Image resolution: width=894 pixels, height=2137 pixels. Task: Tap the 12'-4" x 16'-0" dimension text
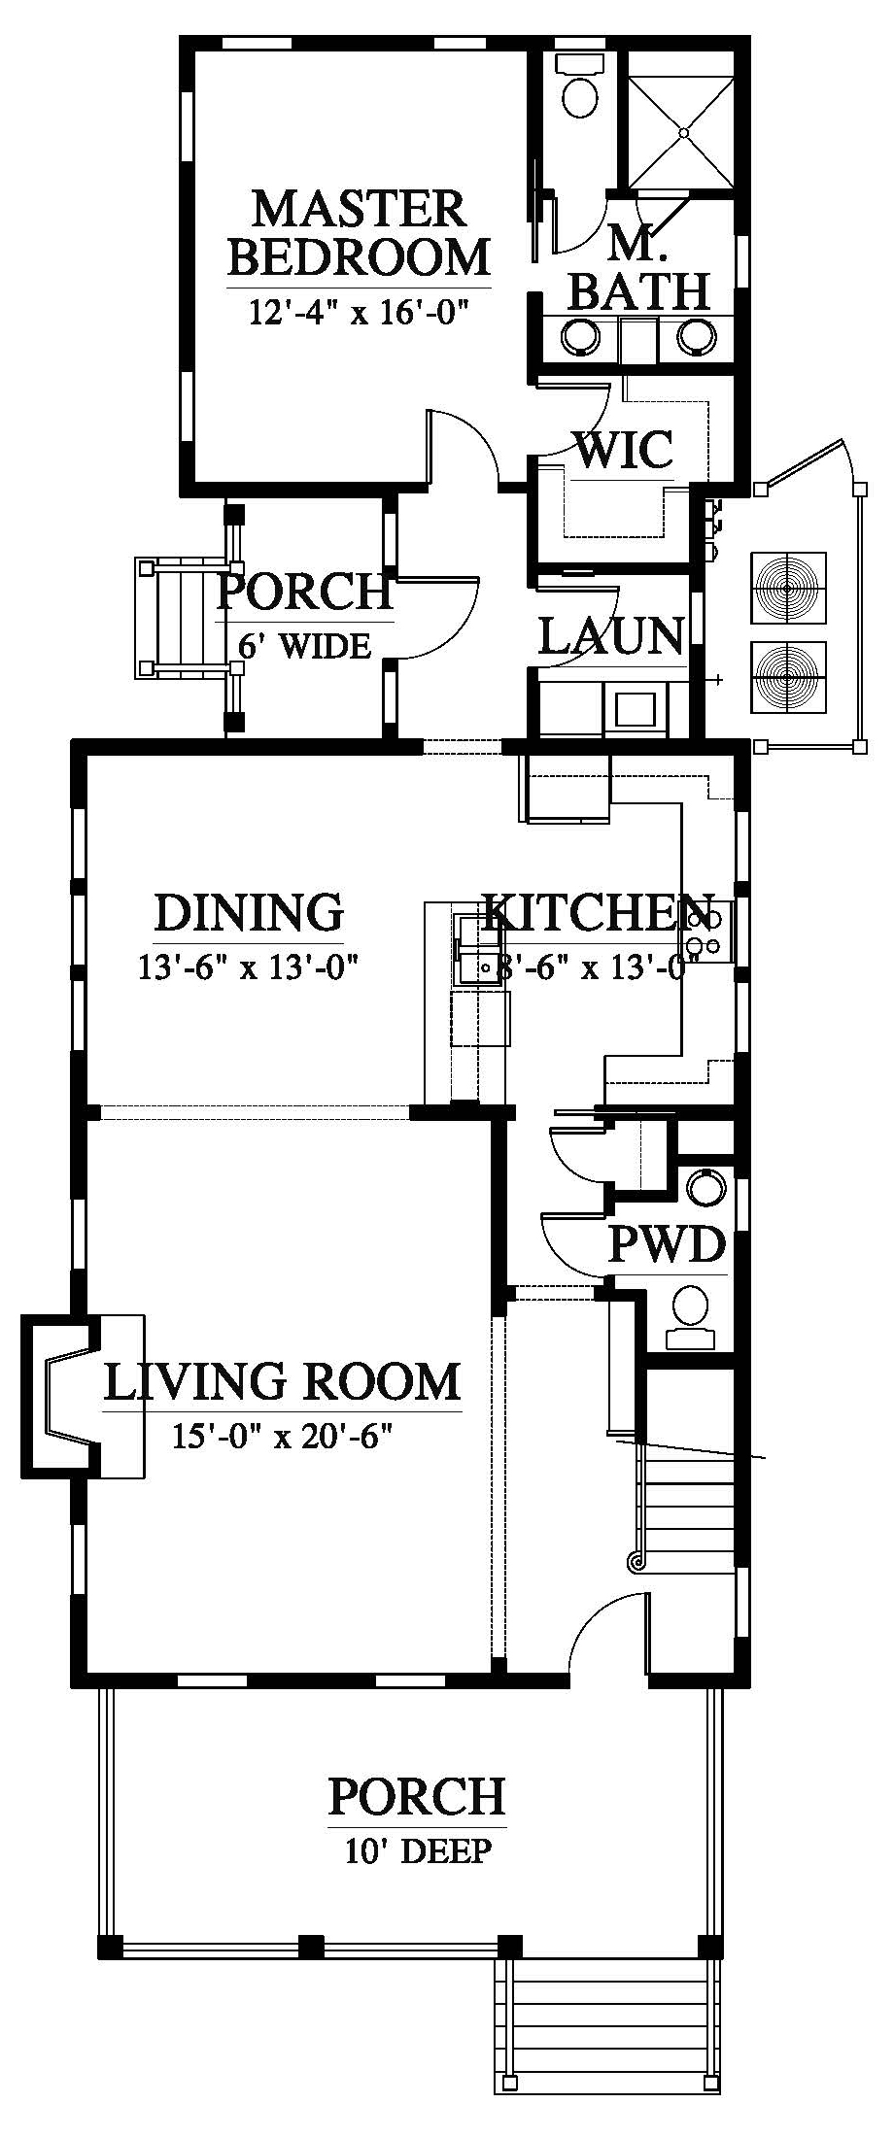[x=359, y=313]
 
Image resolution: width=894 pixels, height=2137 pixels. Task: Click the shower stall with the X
[x=681, y=131]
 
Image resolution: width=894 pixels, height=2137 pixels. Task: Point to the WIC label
[x=625, y=450]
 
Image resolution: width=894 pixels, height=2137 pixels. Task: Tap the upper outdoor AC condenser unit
[x=789, y=589]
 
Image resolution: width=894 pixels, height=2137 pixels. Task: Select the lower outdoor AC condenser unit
[x=789, y=676]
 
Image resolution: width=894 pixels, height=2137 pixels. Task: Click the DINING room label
[x=249, y=912]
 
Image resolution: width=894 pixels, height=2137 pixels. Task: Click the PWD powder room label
[x=668, y=1244]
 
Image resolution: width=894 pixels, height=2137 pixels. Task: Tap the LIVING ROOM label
[x=282, y=1382]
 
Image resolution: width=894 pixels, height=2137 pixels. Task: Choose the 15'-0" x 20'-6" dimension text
[x=282, y=1435]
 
